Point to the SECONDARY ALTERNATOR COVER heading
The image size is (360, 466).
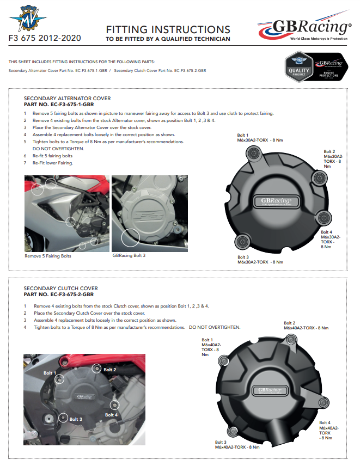click(67, 99)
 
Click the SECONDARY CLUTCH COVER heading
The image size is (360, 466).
click(60, 288)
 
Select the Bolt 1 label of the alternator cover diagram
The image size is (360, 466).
click(242, 135)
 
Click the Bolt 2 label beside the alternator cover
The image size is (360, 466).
click(329, 151)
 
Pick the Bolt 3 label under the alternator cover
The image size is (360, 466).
click(243, 257)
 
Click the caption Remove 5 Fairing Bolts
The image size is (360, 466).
click(48, 256)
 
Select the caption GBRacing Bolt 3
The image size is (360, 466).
click(129, 255)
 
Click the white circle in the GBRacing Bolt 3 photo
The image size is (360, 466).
click(130, 238)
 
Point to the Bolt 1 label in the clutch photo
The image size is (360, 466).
click(50, 373)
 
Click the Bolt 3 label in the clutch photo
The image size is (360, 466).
click(76, 419)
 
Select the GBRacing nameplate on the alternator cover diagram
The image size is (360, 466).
click(276, 201)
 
